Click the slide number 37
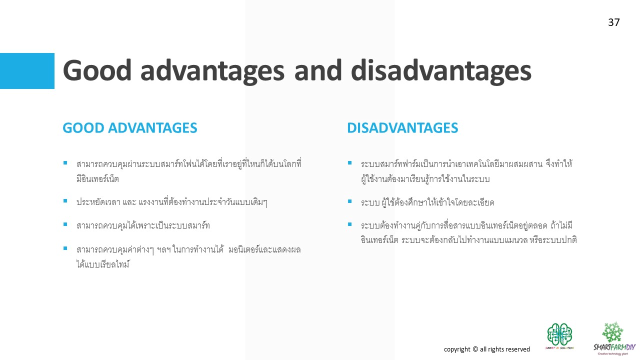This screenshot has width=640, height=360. (x=613, y=22)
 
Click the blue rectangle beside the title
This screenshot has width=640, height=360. (x=27, y=71)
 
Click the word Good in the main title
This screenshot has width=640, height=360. (x=97, y=70)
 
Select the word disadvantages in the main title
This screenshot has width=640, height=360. (x=441, y=71)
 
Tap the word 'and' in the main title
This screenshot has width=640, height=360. (x=317, y=70)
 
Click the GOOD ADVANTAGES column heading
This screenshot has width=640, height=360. (x=130, y=127)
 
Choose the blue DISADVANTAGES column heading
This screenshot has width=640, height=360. (x=402, y=127)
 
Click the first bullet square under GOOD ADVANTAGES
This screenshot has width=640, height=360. (x=65, y=163)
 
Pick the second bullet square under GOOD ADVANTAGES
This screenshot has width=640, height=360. (x=65, y=201)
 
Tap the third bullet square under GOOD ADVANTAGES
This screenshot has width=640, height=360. (x=65, y=224)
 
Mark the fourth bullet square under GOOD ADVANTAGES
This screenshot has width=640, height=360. (x=65, y=248)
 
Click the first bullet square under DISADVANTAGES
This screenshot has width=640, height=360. (x=349, y=163)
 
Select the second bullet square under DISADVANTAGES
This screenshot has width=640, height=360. (x=349, y=201)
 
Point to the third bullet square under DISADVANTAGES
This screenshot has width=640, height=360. (x=349, y=224)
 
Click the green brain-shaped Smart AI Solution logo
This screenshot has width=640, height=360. (x=559, y=334)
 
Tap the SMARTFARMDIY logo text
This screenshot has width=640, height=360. (x=614, y=347)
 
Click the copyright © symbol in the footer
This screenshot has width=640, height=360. (x=475, y=349)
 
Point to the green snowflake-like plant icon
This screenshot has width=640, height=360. (x=612, y=331)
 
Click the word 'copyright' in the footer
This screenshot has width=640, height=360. (x=457, y=349)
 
